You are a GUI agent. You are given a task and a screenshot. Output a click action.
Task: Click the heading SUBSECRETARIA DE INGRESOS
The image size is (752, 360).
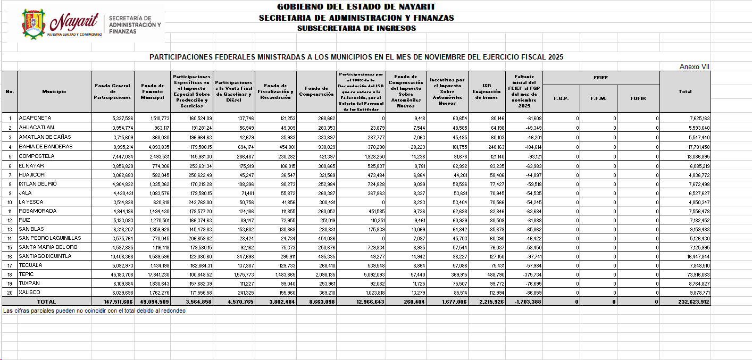pyautogui.click(x=356, y=28)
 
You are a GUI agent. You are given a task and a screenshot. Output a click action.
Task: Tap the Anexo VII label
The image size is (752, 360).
pyautogui.click(x=695, y=67)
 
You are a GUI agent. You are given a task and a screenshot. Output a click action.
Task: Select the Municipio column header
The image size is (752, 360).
pyautogui.click(x=54, y=91)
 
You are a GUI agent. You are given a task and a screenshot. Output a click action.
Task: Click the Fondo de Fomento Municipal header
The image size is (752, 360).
pyautogui.click(x=153, y=91)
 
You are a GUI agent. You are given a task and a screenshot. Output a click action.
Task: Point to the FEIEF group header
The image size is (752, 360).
pyautogui.click(x=601, y=78)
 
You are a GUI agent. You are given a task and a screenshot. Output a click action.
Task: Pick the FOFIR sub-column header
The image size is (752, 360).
pyautogui.click(x=638, y=98)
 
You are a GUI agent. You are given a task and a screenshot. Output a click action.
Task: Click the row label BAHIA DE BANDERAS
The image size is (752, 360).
pyautogui.click(x=46, y=147)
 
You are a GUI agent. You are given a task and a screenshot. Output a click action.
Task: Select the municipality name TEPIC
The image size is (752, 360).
pyautogui.click(x=26, y=274)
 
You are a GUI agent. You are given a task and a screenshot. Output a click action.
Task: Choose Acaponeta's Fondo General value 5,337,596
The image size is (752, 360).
pyautogui.click(x=119, y=118)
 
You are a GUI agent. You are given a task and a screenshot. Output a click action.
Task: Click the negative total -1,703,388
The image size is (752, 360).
pyautogui.click(x=528, y=302)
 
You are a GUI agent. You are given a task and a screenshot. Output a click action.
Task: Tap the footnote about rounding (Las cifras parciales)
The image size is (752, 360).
pyautogui.click(x=94, y=311)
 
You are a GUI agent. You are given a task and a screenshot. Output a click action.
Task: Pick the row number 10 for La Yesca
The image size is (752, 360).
pyautogui.click(x=10, y=202)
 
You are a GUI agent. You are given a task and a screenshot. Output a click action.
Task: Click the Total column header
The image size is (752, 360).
pyautogui.click(x=685, y=91)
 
